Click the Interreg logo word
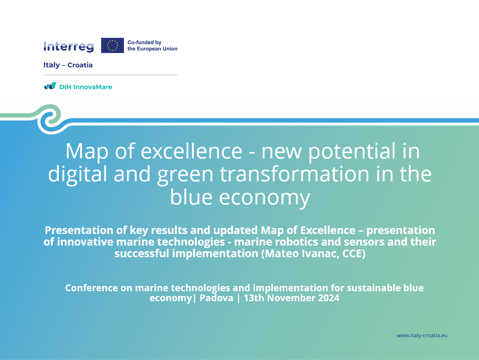point(68,46)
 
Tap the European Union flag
point(112,45)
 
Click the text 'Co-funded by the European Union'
point(152,46)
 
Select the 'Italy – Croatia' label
point(68,65)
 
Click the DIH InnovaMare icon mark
point(50,86)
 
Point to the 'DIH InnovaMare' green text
point(86,87)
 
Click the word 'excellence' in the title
point(192,151)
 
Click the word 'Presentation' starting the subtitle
point(79,230)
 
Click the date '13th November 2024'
point(291,298)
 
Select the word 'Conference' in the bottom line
point(91,288)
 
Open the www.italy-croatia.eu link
point(422,335)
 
